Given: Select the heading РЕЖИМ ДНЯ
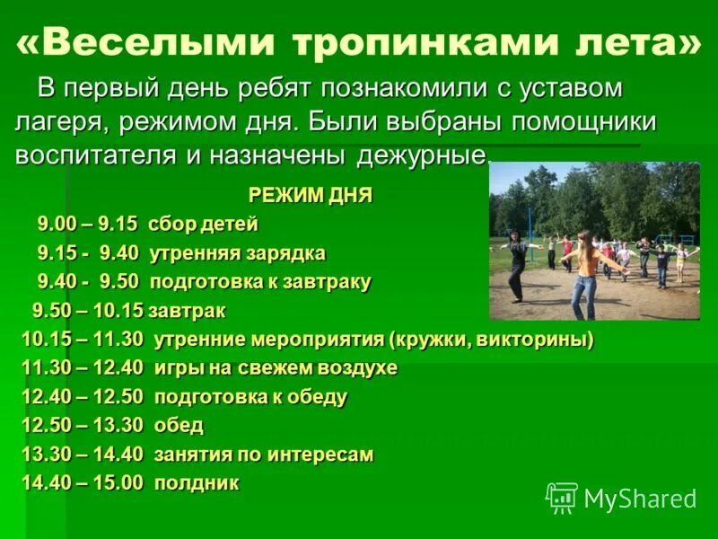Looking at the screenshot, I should (310, 195).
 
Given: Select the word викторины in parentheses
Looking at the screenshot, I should (538, 340).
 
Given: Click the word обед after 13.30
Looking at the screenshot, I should (179, 425).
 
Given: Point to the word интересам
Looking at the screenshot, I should (320, 454).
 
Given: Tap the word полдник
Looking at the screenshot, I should (197, 482).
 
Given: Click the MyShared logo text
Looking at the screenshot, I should (640, 499).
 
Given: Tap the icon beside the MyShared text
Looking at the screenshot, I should (562, 498).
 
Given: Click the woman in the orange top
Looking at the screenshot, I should (587, 269).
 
